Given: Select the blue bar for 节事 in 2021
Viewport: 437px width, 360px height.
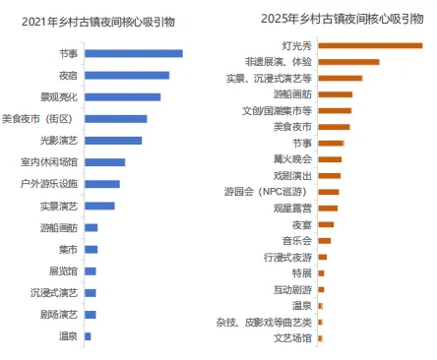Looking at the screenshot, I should point(133,53).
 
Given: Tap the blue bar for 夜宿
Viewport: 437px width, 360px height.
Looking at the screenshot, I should point(126,75).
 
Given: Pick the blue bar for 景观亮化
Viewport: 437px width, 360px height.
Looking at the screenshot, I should point(122,96).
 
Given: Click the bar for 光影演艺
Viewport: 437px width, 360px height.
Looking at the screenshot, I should point(112,140).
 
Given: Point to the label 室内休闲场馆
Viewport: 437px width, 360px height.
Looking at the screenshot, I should point(50,161).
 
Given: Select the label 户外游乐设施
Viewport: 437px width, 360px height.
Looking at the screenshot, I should point(50,183).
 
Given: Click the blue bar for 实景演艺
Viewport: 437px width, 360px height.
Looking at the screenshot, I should point(99,206).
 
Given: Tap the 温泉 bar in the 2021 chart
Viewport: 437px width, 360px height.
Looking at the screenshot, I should point(88,336).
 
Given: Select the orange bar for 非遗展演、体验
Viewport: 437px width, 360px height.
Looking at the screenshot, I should point(347,62).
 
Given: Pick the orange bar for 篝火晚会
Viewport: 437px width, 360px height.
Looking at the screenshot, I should point(329,158).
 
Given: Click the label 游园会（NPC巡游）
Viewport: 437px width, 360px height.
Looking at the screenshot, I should point(268,191).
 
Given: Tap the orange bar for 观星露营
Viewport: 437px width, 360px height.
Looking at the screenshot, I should point(327,208).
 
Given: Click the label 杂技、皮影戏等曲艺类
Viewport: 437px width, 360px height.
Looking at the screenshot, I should point(265,321).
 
